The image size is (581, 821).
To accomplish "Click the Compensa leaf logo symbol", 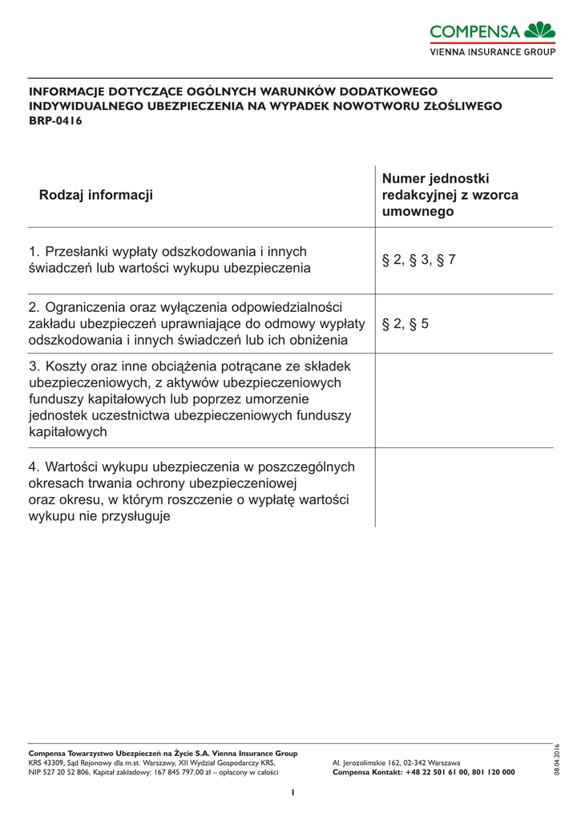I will coord(540,30).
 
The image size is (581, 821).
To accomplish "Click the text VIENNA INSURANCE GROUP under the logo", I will coord(493,51).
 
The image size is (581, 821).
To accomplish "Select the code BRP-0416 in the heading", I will coord(55,121).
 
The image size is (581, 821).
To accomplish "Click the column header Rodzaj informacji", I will coord(96,195).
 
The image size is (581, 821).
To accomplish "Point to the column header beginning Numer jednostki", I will coord(450,195).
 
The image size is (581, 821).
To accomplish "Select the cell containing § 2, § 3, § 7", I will coord(418,260).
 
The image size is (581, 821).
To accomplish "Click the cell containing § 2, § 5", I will coord(405,324).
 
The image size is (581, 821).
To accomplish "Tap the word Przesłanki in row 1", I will coord(82,252).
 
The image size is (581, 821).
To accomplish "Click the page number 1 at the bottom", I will coord(293,792).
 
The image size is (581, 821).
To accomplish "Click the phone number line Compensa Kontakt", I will coord(423,772).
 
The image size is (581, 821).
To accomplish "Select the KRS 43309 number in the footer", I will coord(46,762).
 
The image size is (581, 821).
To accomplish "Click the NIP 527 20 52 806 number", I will coord(59,772).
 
